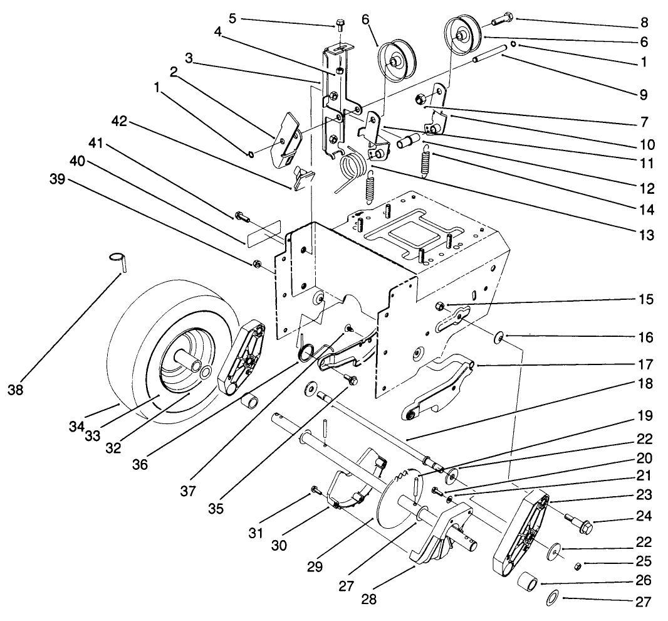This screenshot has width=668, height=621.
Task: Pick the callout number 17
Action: [x=645, y=363]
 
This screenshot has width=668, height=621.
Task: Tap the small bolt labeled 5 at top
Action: [x=339, y=25]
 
